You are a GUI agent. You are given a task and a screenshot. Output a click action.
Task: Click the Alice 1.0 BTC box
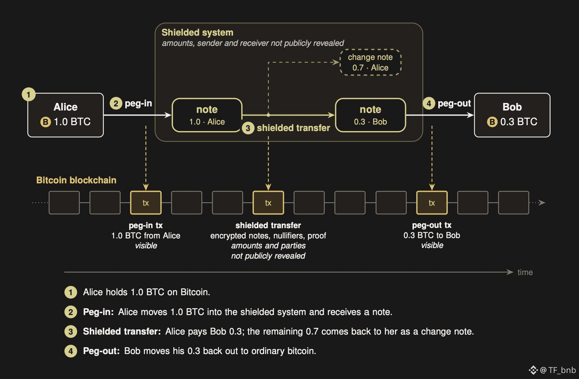point(66,115)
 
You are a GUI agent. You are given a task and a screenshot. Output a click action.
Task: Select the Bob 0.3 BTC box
point(512,115)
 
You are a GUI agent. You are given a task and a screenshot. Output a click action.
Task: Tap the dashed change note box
point(370,62)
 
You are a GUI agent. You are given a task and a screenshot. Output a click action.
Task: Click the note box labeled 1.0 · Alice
point(207,115)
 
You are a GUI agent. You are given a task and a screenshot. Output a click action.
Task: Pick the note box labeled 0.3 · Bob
point(370,115)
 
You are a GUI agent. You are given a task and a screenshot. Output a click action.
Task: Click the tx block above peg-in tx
point(146,202)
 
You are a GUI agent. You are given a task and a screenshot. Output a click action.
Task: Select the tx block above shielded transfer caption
point(268,202)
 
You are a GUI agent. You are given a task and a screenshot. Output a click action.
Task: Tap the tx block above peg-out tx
point(432,202)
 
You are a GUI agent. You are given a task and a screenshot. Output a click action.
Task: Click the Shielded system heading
point(197,32)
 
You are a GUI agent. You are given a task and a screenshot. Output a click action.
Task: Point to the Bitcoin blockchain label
point(76,180)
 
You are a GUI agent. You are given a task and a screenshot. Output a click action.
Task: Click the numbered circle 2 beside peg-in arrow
point(116,103)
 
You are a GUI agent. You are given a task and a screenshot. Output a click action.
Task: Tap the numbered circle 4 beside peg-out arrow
point(429,103)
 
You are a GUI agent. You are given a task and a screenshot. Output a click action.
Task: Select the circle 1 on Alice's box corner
point(28,94)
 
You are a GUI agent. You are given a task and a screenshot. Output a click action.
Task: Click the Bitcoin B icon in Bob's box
point(492,122)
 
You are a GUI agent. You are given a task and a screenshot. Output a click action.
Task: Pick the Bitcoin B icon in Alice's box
point(46,122)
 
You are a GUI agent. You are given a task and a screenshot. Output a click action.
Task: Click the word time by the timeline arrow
point(525,272)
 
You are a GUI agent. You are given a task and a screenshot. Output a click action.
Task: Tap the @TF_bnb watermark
point(552,370)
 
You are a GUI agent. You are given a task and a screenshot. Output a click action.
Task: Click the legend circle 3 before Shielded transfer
point(71,331)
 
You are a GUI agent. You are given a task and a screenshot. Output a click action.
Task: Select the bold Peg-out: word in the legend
point(101,351)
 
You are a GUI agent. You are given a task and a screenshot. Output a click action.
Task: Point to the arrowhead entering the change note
point(336,62)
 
